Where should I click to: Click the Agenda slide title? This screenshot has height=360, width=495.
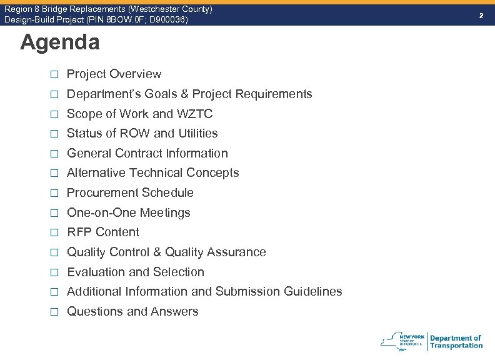[59, 42]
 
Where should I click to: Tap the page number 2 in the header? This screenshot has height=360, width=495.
[481, 14]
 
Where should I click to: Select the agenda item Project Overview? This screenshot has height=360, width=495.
[114, 74]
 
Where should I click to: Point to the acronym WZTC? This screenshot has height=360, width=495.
[194, 114]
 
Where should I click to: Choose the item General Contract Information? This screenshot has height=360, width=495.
[147, 153]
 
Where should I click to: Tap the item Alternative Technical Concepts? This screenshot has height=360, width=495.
[152, 172]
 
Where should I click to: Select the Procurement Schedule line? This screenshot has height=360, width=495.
[130, 192]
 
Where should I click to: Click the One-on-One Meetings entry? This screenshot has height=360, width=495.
[128, 212]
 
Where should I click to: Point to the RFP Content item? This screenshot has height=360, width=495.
[103, 232]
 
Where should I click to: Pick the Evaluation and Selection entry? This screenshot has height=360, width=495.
[136, 272]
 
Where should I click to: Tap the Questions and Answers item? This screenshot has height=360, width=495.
[132, 311]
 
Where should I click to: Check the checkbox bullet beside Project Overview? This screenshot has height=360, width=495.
[54, 74]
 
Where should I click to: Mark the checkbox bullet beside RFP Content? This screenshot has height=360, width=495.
[54, 232]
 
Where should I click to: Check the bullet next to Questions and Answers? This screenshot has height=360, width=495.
[54, 312]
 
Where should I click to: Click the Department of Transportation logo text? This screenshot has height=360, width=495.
[456, 342]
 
